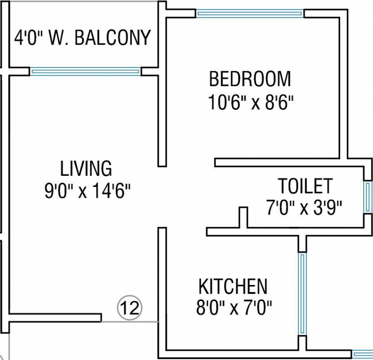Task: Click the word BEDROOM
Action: click(250, 79)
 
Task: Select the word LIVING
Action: click(86, 168)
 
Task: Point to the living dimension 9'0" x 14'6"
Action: click(87, 192)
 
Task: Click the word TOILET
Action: click(306, 186)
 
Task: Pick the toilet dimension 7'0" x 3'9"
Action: click(305, 207)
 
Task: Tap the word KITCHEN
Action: click(233, 286)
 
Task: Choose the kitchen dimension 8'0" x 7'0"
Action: click(234, 308)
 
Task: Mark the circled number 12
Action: click(129, 308)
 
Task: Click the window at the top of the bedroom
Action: click(250, 14)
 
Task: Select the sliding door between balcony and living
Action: click(85, 72)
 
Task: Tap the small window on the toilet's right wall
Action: click(368, 197)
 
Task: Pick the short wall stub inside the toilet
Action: click(243, 217)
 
